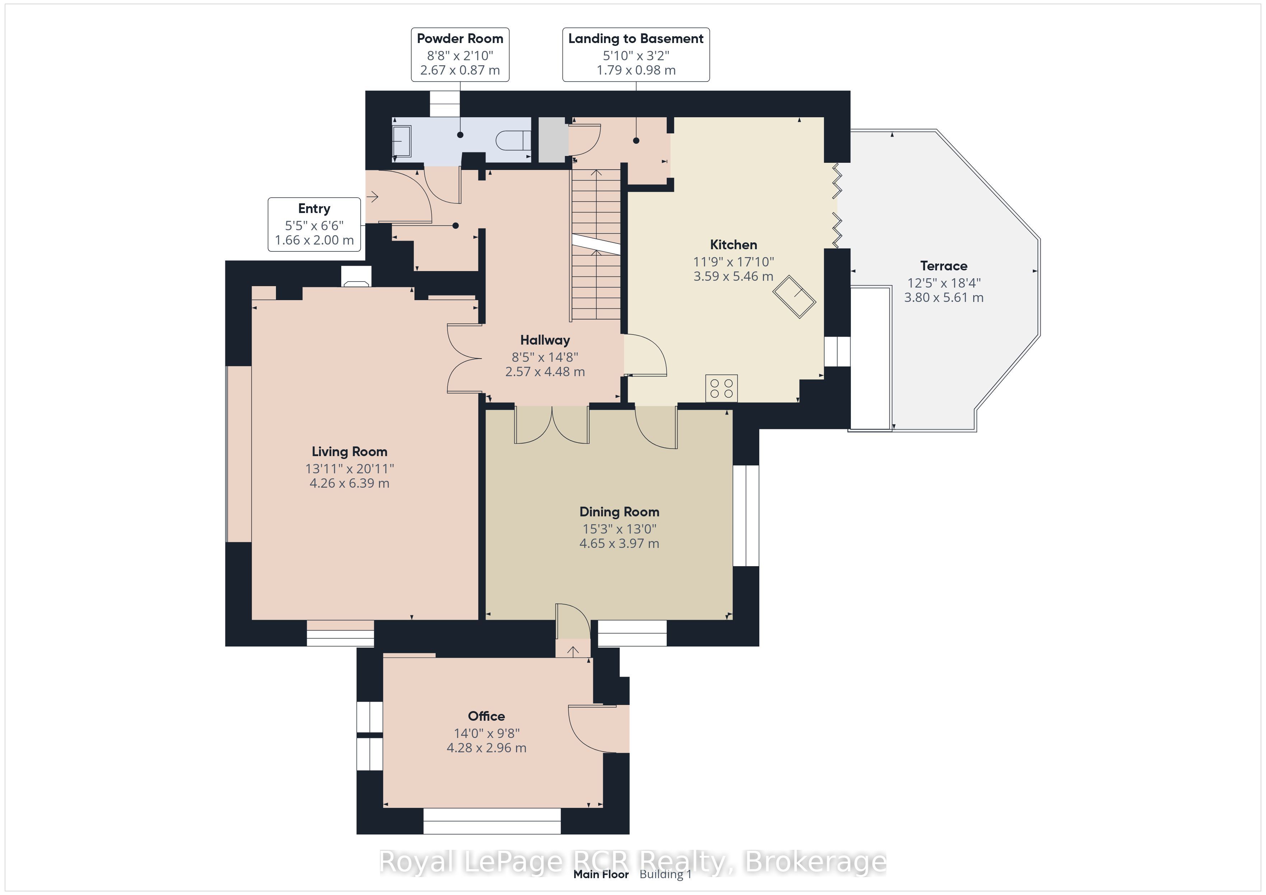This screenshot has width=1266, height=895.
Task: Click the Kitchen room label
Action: pos(733,245)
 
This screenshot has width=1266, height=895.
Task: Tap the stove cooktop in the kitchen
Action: pos(722,388)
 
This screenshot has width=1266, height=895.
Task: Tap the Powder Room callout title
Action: pos(460,39)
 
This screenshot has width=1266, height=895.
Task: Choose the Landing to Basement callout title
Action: pos(636,39)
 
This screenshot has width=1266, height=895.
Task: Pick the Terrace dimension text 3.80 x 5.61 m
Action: pos(943,298)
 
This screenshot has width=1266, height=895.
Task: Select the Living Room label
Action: pos(350,452)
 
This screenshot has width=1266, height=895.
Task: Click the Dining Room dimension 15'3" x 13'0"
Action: pos(619,529)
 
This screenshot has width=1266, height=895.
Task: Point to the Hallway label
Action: pos(545,340)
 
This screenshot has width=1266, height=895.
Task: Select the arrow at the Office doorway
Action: pos(573,652)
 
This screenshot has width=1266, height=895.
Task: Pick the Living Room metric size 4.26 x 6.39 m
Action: pos(350,483)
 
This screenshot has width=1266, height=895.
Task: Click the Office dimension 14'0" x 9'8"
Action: pos(486,734)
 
